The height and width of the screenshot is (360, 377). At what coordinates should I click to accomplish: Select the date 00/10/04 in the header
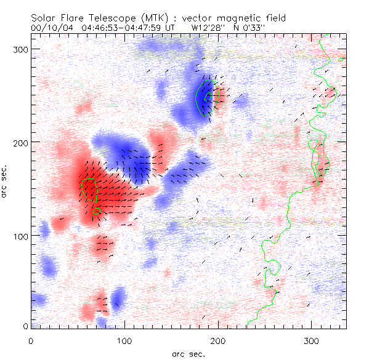[x=51, y=27]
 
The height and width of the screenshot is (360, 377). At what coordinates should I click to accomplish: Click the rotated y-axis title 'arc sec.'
[x=5, y=181]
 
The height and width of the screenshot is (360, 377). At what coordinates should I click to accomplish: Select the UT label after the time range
[x=172, y=27]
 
